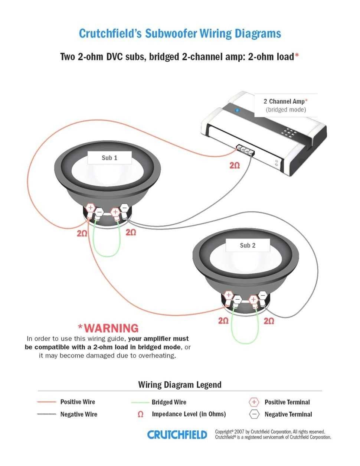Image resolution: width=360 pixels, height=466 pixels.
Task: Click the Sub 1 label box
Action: click(109, 158)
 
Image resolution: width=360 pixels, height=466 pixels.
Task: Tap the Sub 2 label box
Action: click(248, 245)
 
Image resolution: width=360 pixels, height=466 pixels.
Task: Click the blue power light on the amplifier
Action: click(238, 110)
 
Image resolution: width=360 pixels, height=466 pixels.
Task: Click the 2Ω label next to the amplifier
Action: click(235, 165)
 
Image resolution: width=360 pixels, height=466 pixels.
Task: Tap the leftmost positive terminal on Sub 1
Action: click(90, 208)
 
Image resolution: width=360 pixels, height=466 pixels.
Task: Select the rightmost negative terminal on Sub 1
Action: click(124, 208)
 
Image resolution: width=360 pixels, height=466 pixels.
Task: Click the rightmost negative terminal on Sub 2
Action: click(263, 296)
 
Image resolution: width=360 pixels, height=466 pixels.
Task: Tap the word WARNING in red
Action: click(111, 328)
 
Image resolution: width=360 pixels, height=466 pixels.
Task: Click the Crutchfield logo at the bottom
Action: click(177, 434)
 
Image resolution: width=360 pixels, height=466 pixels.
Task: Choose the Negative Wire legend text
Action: click(79, 414)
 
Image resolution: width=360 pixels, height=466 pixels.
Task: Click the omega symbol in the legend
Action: click(140, 414)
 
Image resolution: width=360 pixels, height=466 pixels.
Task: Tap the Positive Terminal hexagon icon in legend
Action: click(254, 402)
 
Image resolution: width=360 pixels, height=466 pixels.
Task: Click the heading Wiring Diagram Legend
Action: click(180, 384)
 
